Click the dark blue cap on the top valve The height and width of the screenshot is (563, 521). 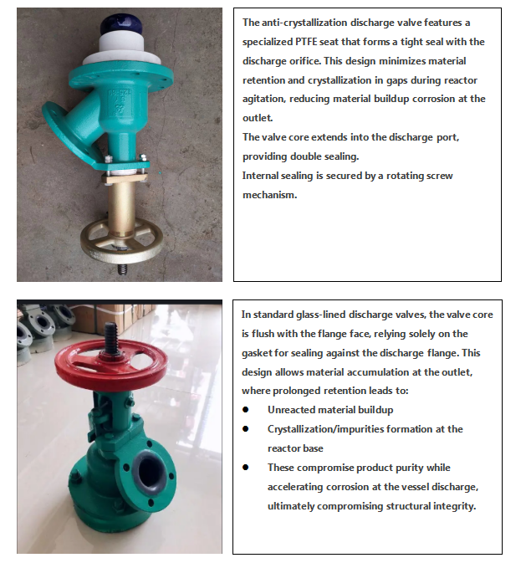click(121, 24)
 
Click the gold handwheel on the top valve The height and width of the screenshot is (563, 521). click(121, 242)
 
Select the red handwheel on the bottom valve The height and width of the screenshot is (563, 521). click(111, 363)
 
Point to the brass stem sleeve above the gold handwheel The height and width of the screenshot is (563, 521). click(122, 207)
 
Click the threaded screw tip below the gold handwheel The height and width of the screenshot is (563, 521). click(123, 269)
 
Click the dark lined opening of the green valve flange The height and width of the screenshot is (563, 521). click(151, 471)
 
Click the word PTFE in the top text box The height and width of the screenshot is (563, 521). click(306, 42)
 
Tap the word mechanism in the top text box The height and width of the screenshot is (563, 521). click(270, 195)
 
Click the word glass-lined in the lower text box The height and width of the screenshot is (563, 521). click(321, 315)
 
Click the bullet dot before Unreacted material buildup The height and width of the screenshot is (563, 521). click(245, 410)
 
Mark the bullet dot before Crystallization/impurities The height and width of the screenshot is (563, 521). click(245, 428)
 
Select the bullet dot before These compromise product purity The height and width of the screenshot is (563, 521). click(245, 467)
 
